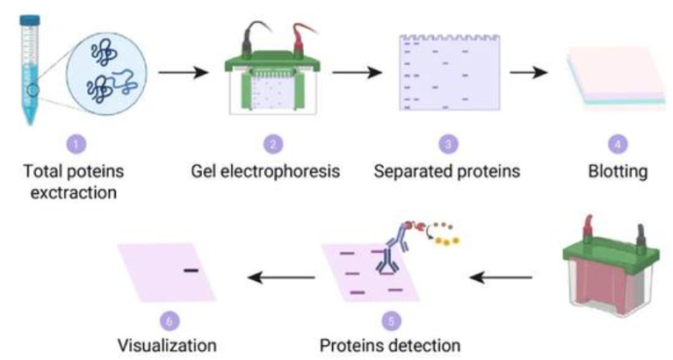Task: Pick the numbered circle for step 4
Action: click(615, 140)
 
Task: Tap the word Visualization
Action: click(167, 344)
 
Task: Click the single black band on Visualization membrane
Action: click(191, 270)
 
